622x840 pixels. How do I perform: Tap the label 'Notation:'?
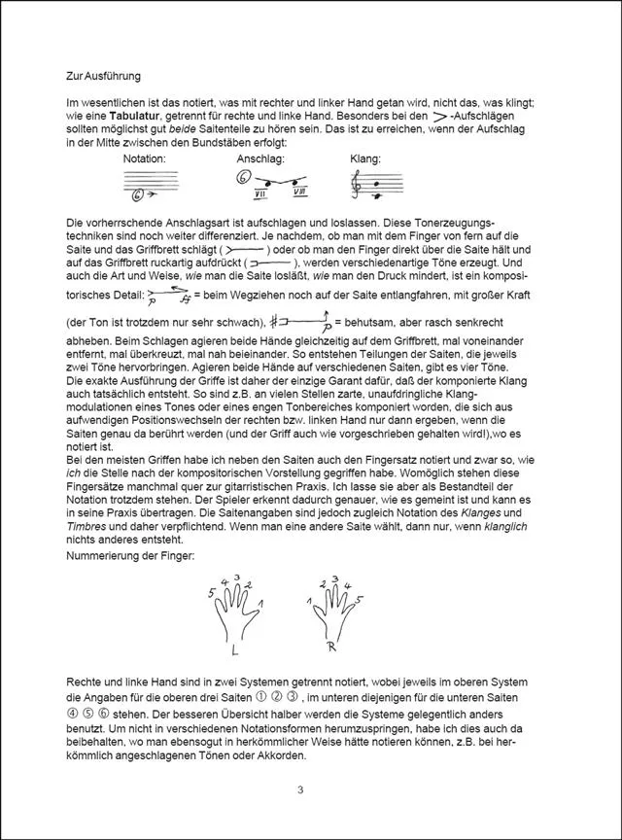[146, 158]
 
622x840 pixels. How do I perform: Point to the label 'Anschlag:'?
[259, 158]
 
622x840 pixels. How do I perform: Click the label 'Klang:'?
[365, 158]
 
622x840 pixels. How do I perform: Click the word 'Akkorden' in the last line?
[279, 754]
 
